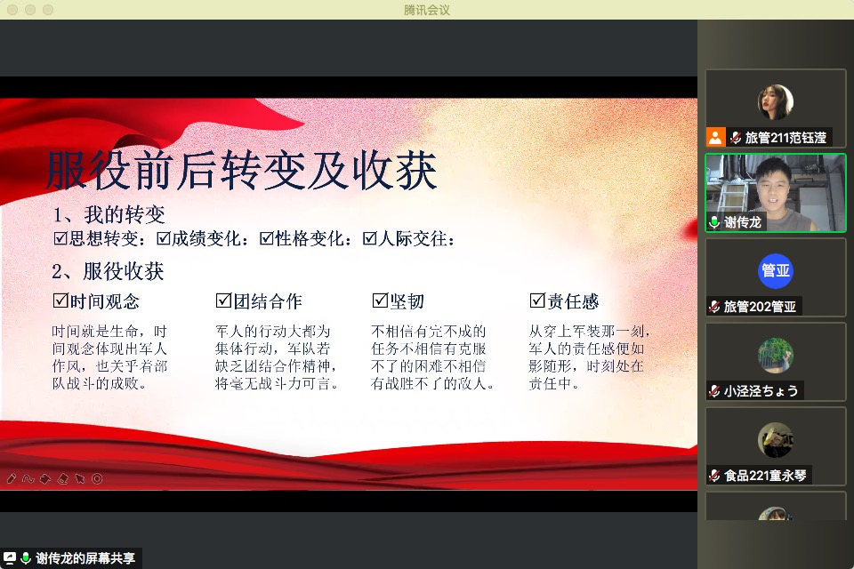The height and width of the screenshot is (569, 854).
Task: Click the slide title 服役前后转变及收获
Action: [241, 171]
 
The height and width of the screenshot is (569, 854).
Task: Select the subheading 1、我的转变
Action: [109, 215]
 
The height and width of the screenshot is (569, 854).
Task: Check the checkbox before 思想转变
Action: [60, 238]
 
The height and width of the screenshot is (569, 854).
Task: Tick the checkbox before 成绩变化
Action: [164, 238]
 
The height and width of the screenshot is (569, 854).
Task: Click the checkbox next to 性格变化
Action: [267, 238]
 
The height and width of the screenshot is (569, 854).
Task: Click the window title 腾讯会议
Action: [427, 10]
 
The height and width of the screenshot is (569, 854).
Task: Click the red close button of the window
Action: [11, 10]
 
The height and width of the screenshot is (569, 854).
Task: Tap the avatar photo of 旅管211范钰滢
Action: [775, 102]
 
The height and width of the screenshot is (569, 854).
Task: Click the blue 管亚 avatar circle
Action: [775, 271]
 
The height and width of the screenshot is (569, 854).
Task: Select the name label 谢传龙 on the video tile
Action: [742, 222]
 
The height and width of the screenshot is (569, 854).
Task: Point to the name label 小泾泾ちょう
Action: [761, 390]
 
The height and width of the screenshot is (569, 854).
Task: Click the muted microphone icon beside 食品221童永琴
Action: [714, 476]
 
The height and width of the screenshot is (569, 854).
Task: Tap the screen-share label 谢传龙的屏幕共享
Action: [85, 558]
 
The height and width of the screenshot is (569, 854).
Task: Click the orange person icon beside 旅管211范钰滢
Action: [716, 137]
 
